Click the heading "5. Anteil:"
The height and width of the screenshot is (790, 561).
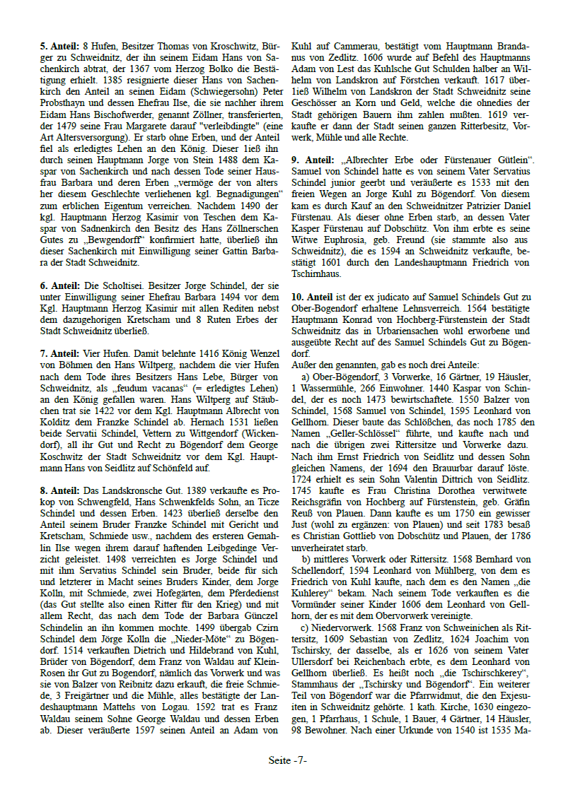tap(59, 46)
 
